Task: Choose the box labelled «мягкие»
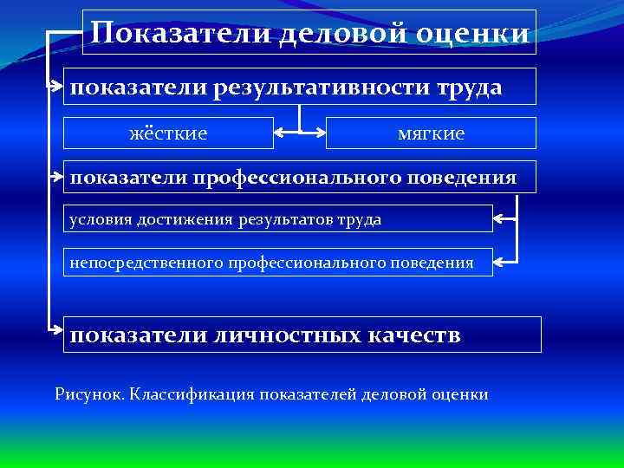[x=431, y=133]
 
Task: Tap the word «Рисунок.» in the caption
[x=89, y=394]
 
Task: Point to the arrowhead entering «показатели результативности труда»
[x=55, y=87]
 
